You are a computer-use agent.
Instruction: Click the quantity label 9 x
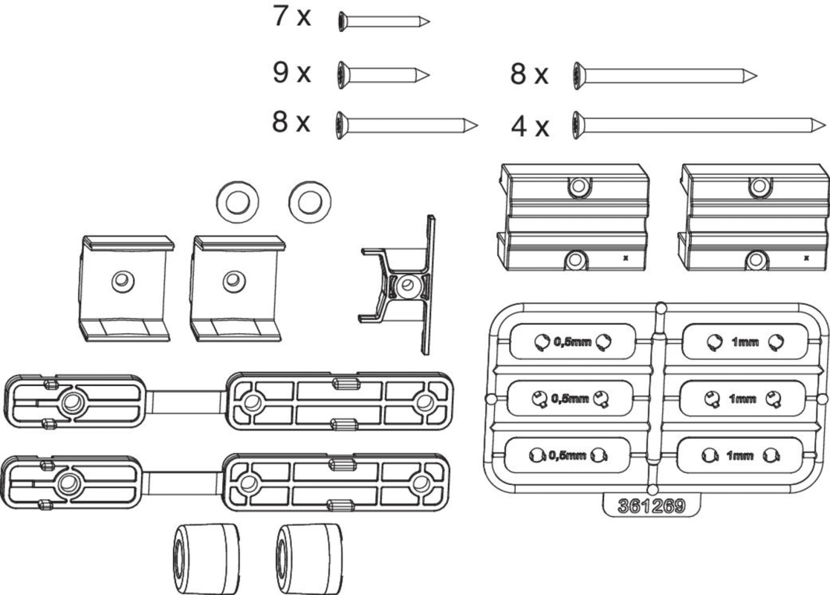tap(291, 74)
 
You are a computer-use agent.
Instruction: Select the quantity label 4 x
tap(530, 127)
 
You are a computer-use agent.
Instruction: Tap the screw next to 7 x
tap(383, 22)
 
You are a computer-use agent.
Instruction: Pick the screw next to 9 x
tap(383, 74)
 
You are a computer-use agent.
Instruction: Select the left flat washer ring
tap(238, 200)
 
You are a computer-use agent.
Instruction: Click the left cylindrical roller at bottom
tap(206, 556)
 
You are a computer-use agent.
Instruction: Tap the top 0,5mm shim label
tap(573, 343)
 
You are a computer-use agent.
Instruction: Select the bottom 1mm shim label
tap(741, 456)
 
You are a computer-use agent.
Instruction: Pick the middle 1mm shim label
tap(742, 399)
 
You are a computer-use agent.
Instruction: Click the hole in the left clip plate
tap(120, 280)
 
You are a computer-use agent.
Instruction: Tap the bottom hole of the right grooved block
tap(756, 260)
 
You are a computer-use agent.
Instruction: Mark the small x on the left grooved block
tap(626, 258)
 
